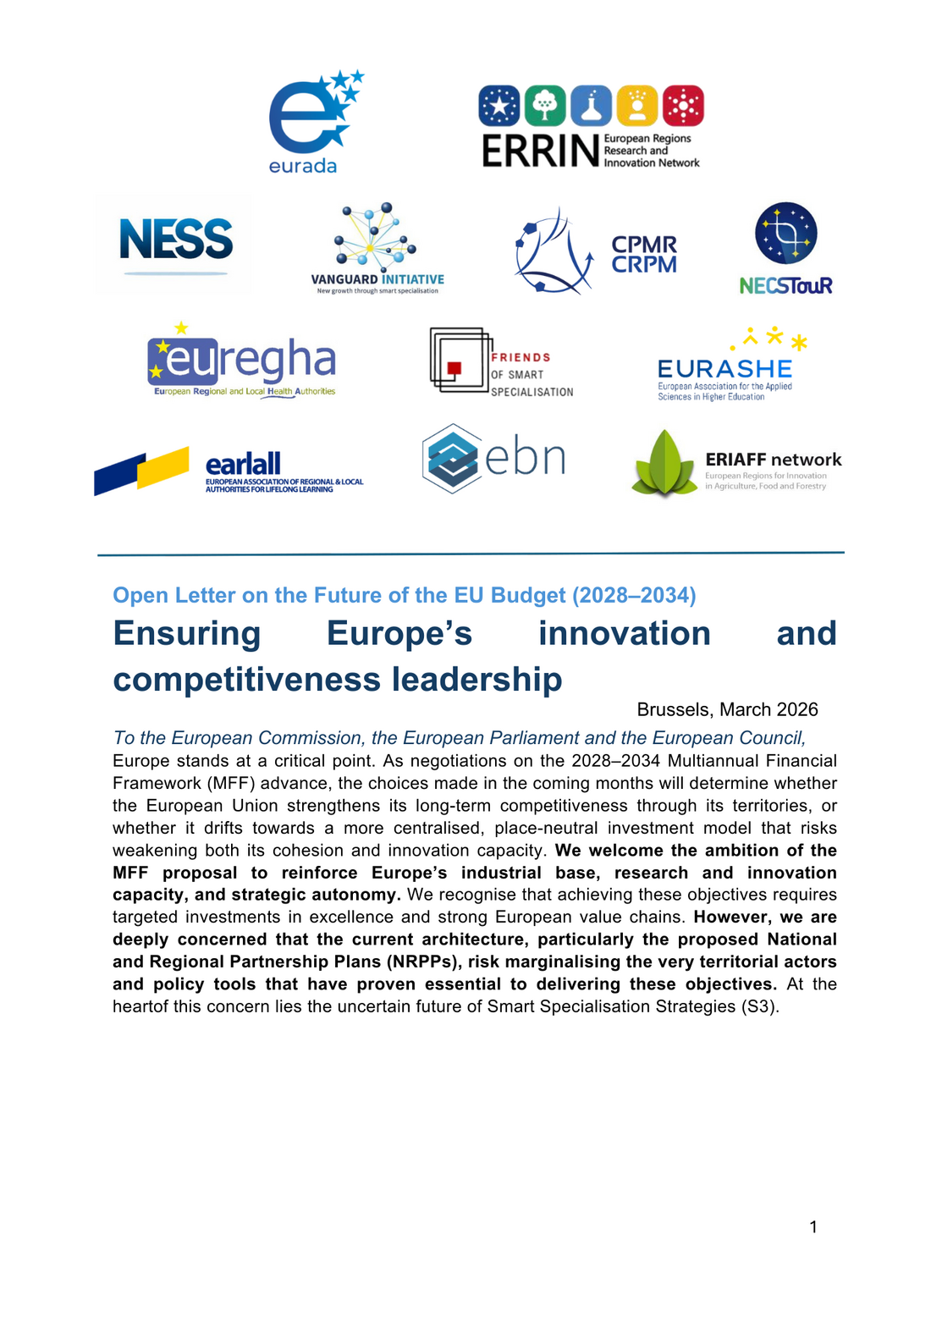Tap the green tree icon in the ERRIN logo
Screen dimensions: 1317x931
545,106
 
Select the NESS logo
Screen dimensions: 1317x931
176,241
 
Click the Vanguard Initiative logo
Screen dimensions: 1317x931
377,248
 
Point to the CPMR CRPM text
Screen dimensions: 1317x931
644,255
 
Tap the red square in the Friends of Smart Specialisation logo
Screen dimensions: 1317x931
454,367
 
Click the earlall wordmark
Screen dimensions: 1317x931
243,464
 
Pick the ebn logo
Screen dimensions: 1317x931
493,458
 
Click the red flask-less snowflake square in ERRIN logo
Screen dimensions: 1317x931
683,106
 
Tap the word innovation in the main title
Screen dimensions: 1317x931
625,634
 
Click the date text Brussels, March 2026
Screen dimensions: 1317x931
727,709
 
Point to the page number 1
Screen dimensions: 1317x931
813,1227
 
